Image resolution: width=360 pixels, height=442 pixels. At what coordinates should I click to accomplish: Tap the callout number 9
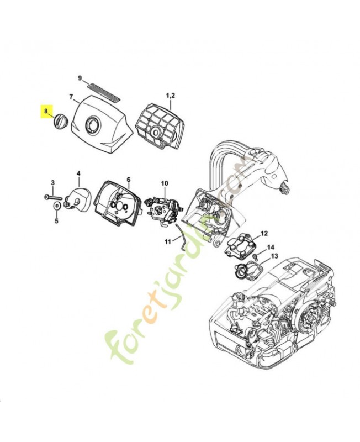[x=80, y=78]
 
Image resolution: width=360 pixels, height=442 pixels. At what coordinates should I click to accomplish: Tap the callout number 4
[x=78, y=173]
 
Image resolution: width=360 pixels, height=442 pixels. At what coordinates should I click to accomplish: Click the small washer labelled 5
[x=56, y=207]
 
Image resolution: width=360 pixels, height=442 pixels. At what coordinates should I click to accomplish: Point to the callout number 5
[x=56, y=221]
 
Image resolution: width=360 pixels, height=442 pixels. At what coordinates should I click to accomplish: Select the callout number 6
[x=128, y=180]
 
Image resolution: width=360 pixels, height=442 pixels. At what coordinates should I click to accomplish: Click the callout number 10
[x=164, y=183]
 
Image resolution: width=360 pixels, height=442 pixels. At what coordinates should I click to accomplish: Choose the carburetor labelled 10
[x=162, y=209]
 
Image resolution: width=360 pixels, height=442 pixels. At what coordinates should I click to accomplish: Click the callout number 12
[x=264, y=233]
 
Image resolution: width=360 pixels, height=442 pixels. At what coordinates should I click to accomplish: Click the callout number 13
[x=274, y=257]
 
